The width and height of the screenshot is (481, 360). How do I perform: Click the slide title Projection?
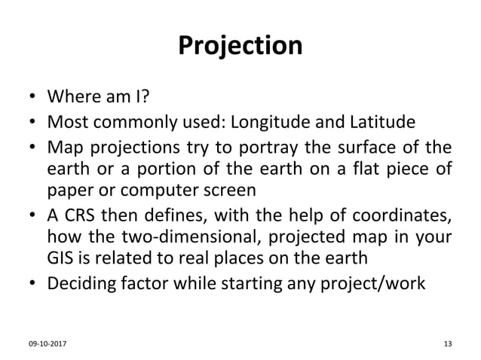pyautogui.click(x=240, y=47)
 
